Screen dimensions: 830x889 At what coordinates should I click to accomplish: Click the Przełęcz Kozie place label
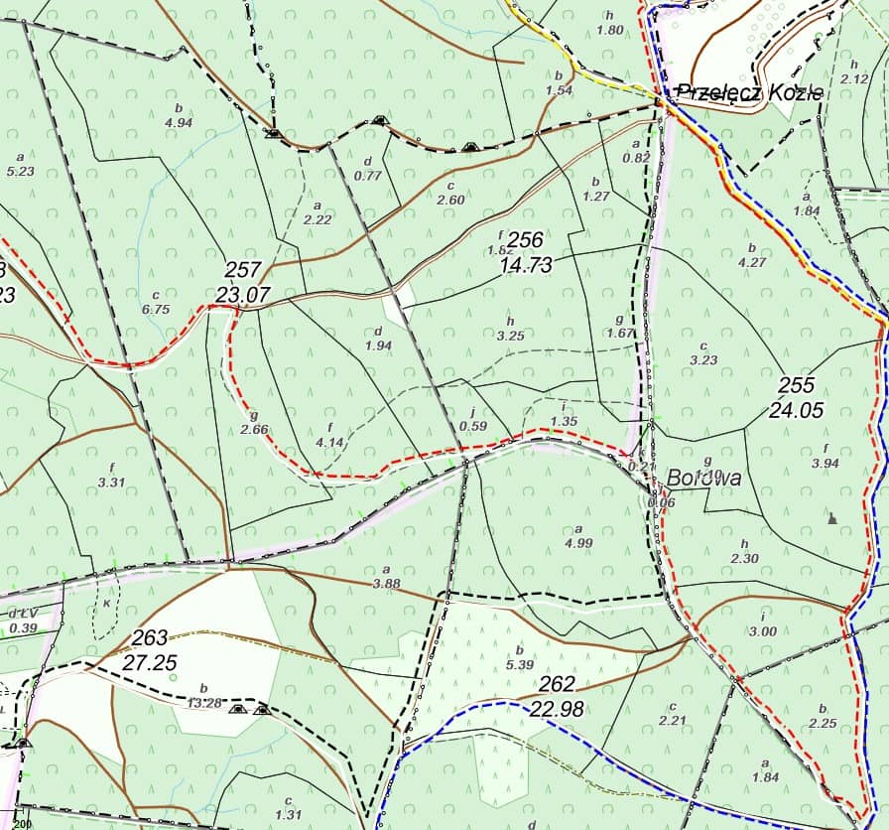coord(750,93)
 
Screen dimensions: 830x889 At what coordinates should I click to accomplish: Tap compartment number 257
coord(243,269)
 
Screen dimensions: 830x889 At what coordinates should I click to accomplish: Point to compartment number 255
coord(796,385)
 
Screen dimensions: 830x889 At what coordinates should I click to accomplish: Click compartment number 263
coord(150,637)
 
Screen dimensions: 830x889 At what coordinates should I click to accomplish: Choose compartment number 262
coord(557,684)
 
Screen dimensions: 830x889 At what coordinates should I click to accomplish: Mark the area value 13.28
coord(204,703)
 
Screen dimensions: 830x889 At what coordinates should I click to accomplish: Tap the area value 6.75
coord(157,309)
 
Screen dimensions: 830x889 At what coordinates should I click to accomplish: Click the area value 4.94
coord(178,123)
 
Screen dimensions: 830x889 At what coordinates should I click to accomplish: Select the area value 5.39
coord(520,664)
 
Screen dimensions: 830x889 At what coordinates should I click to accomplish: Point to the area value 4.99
coord(577,542)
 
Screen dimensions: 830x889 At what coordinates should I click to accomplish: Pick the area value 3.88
coord(386,584)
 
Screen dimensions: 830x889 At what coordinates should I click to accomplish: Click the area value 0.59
coord(473,426)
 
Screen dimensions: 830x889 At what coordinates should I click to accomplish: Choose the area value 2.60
coord(450,200)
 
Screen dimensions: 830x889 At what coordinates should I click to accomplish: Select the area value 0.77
coord(368,176)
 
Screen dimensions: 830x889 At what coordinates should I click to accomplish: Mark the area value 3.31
coord(111,483)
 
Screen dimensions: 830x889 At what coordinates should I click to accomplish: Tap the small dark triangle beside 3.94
coord(832,517)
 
